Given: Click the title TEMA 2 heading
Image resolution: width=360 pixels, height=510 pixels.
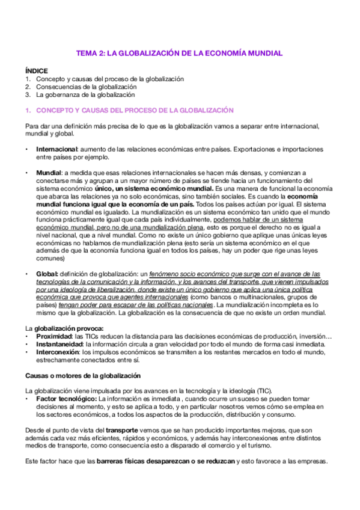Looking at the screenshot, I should pos(179,54).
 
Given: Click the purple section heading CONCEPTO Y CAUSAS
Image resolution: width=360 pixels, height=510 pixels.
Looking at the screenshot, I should pos(126,111).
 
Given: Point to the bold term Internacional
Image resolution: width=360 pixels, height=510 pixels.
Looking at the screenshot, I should pos(57,149).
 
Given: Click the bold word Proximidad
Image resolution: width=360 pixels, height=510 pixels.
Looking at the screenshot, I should pos(56,336).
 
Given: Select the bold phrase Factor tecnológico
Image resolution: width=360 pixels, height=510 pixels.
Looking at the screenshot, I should pos(66,398).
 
